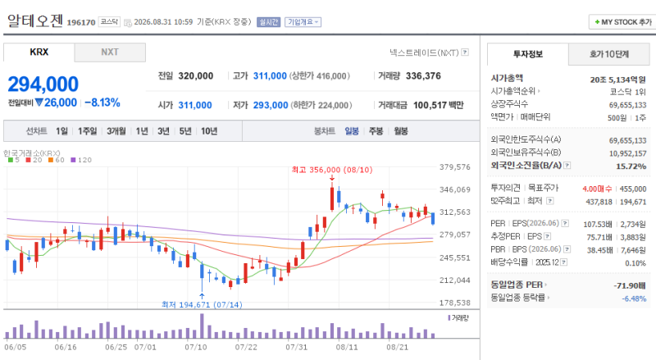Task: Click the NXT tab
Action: (x=110, y=52)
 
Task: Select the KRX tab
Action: (x=39, y=52)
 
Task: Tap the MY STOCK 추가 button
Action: (x=623, y=22)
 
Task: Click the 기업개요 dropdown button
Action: (x=303, y=22)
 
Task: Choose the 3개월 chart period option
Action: (x=116, y=131)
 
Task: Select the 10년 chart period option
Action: (x=209, y=131)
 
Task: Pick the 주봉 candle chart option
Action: (x=376, y=131)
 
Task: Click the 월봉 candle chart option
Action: (x=400, y=131)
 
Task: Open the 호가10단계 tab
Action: (x=609, y=54)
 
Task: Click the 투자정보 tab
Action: (x=528, y=54)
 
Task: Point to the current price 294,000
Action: (x=43, y=84)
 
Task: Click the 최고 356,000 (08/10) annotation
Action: (x=332, y=170)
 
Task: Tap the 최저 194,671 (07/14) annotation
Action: (x=202, y=305)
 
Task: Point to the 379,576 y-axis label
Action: (x=455, y=167)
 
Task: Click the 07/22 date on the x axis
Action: (x=246, y=347)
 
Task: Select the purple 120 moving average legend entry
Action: (x=81, y=160)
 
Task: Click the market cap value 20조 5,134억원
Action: (x=618, y=80)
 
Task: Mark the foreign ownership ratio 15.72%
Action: (x=631, y=166)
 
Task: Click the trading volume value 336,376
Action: (x=423, y=75)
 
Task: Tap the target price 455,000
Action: (x=633, y=189)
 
